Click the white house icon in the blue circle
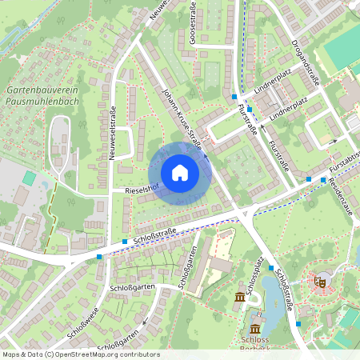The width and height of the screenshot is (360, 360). pyautogui.click(x=179, y=173)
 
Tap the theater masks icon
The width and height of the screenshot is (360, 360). pyautogui.click(x=320, y=281)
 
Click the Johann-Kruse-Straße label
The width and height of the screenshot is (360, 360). pyautogui.click(x=179, y=121)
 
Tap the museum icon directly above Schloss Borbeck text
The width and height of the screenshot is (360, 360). pyautogui.click(x=254, y=329)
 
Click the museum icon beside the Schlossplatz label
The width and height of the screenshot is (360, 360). pyautogui.click(x=239, y=298)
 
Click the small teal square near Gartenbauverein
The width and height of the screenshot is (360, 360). pyautogui.click(x=30, y=178)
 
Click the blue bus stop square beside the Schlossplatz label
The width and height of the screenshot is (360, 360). pyautogui.click(x=271, y=268)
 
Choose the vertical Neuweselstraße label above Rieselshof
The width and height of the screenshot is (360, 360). pyautogui.click(x=113, y=133)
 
